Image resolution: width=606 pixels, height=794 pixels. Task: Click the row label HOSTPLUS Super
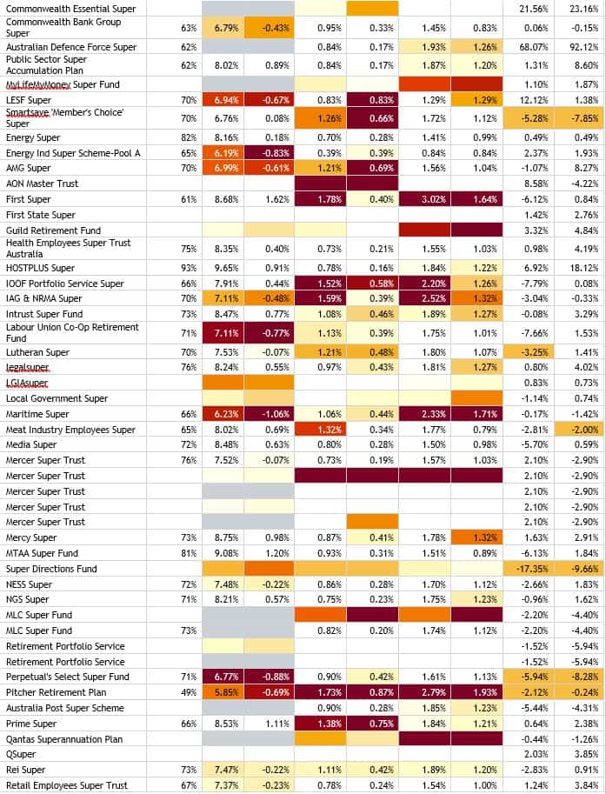tap(40, 268)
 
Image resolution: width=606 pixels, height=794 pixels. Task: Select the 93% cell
tap(189, 268)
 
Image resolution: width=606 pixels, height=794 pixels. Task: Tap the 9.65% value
tap(223, 268)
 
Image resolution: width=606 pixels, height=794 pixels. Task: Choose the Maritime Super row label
tap(37, 414)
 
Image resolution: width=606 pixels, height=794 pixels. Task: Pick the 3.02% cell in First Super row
tap(425, 199)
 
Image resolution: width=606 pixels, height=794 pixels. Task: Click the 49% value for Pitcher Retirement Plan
tap(189, 692)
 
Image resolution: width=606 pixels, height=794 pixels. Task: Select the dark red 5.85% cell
tap(223, 692)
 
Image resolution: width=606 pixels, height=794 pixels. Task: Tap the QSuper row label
tap(21, 754)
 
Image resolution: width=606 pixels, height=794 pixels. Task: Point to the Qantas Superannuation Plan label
tap(70, 739)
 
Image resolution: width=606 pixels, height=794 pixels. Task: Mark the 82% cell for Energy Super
tap(189, 137)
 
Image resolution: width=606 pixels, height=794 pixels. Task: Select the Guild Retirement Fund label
tap(53, 230)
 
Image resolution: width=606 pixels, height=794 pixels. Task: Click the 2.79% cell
tap(425, 692)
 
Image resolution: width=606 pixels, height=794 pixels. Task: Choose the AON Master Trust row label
tap(42, 184)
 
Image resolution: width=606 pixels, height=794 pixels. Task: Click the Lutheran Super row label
tap(37, 352)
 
